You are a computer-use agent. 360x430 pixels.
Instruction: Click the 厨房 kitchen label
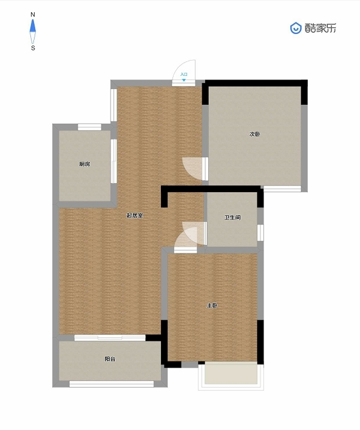pos(84,164)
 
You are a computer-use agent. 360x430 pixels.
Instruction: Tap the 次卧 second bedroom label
pos(255,134)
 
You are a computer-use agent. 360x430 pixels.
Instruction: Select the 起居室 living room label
pos(135,215)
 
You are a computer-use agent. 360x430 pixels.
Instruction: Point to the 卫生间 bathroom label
pos(233,218)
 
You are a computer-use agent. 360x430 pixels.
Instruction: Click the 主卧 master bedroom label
pos(212,305)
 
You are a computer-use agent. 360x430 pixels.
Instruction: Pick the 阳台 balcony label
pos(110,359)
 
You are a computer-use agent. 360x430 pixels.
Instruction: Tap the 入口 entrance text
pos(184,75)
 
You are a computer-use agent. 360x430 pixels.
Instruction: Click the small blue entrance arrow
pos(184,80)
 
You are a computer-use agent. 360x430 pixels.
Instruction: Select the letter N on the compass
pos(33,15)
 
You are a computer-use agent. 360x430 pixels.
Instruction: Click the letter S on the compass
pos(33,48)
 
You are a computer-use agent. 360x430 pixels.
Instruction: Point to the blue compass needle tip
pos(33,19)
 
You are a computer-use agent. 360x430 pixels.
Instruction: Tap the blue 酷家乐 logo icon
pos(296,28)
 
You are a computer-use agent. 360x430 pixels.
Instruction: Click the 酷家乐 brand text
pos(321,28)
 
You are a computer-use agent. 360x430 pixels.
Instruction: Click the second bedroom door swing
pos(192,168)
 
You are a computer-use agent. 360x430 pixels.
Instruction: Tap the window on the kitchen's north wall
pos(89,127)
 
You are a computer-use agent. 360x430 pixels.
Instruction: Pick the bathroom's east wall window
pos(260,232)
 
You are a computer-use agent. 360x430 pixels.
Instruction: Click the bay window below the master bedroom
pos(231,375)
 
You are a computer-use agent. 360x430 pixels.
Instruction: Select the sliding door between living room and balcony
pos(110,338)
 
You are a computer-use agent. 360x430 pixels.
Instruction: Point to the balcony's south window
pos(112,384)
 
